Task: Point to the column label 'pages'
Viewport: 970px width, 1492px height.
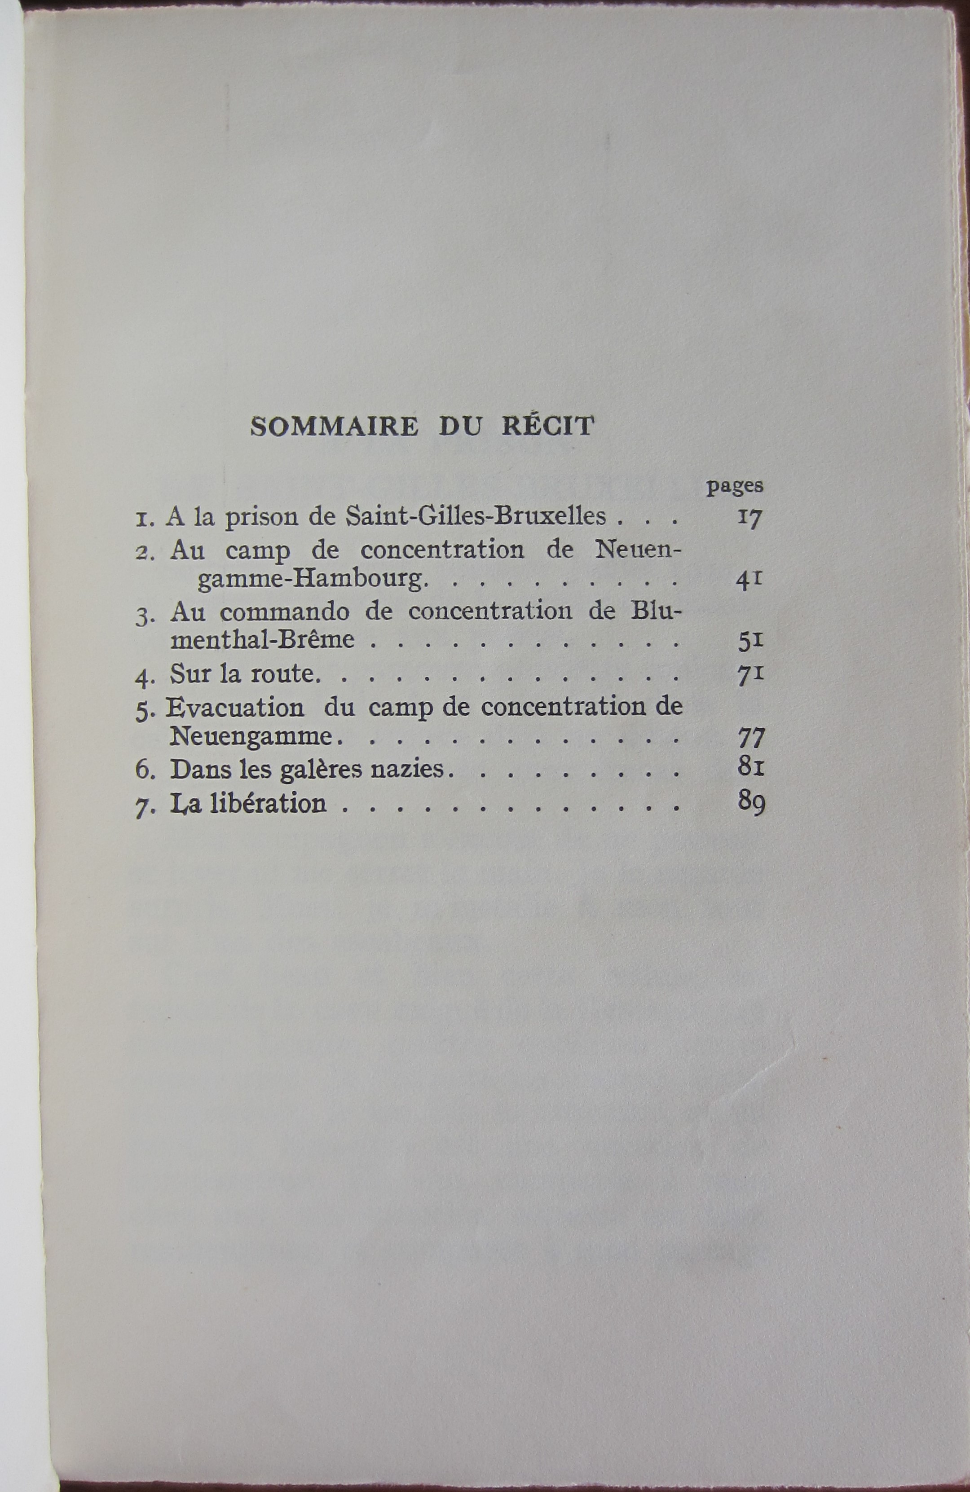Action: tap(734, 487)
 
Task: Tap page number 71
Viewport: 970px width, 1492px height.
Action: tap(750, 675)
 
